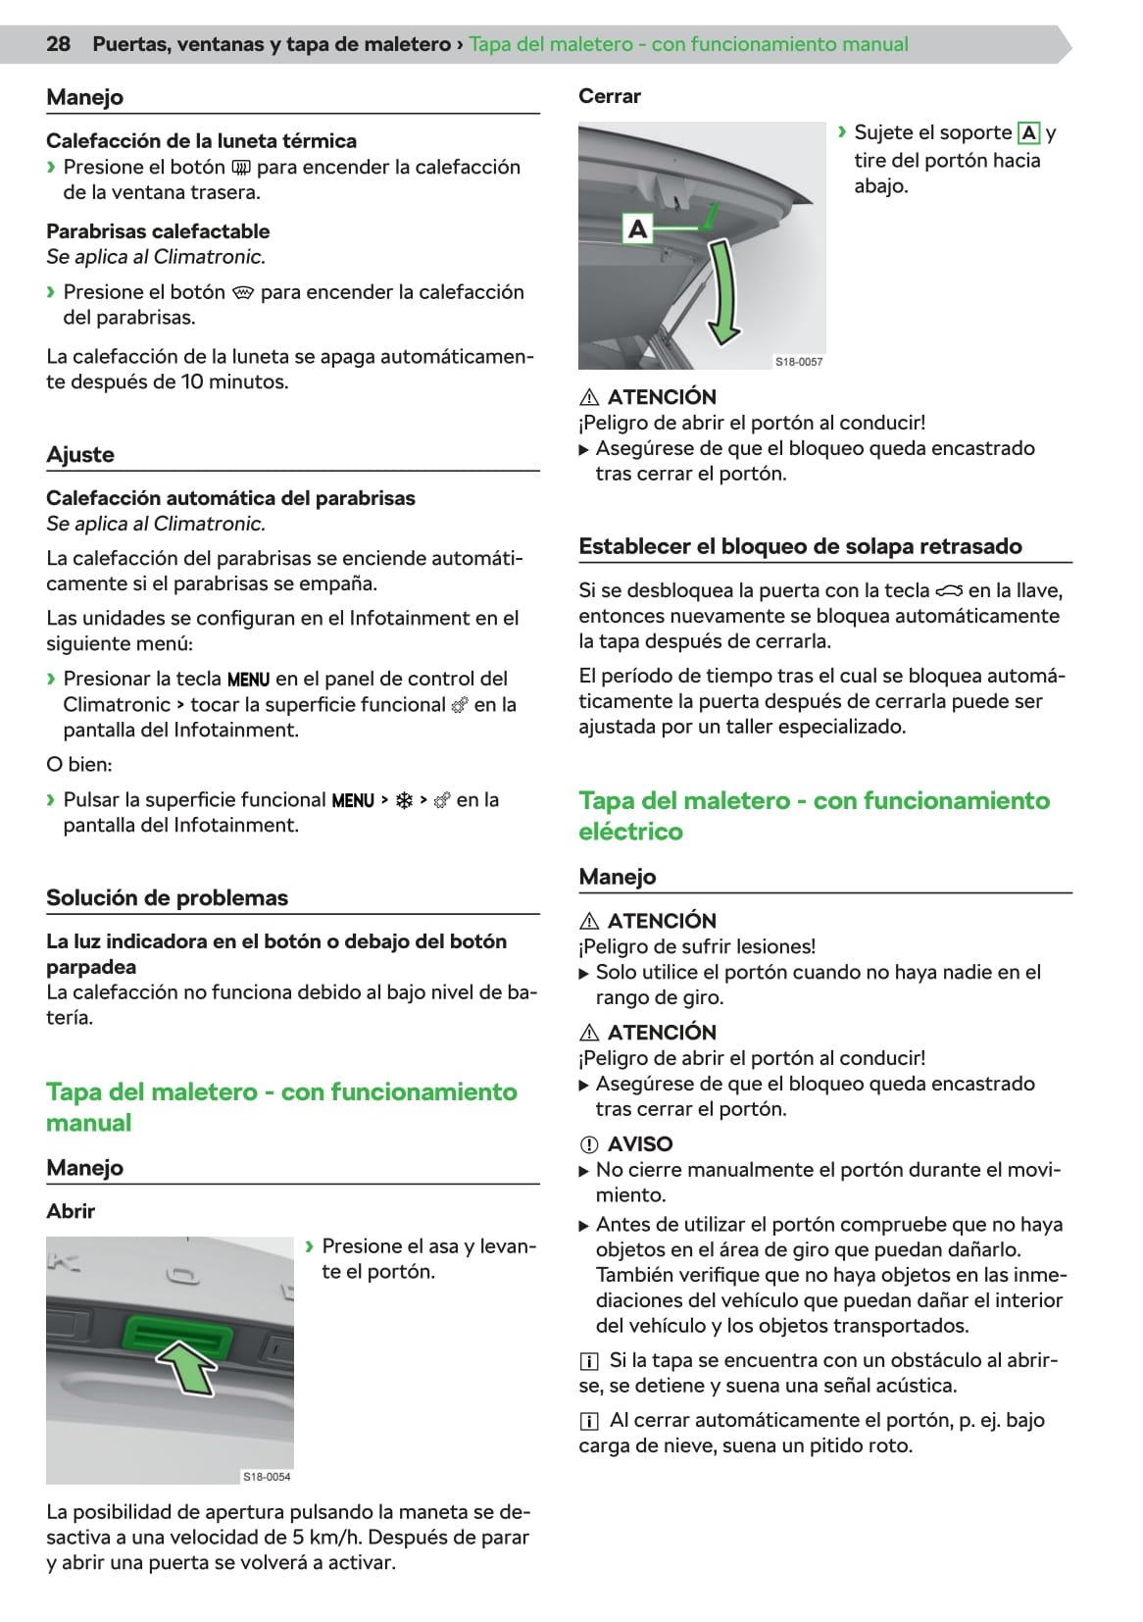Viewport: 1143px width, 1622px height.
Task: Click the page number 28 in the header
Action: [58, 44]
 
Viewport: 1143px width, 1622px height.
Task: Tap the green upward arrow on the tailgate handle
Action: [186, 1366]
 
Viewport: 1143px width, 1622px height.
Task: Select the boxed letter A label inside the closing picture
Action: [637, 229]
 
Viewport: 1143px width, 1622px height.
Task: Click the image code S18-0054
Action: [267, 1476]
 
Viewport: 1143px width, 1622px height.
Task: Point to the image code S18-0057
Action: [799, 362]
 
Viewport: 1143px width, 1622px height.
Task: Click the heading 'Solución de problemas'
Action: [167, 897]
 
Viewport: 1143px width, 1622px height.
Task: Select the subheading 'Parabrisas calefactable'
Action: [158, 231]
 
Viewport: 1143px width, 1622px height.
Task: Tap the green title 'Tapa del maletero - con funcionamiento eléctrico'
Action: [814, 815]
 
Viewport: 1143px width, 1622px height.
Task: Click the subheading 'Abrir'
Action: [71, 1211]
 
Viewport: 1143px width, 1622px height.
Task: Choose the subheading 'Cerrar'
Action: [609, 96]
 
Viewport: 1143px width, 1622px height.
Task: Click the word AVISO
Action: [640, 1143]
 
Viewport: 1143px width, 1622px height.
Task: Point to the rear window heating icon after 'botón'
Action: [241, 168]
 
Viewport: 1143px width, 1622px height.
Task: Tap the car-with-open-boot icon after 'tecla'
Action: [949, 590]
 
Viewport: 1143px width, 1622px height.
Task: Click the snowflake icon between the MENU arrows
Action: [404, 800]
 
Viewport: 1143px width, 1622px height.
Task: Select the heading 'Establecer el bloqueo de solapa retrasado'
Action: [800, 546]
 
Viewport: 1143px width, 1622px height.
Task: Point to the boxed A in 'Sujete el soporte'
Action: [1028, 132]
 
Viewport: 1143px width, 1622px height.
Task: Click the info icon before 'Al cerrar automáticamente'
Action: [589, 1421]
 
